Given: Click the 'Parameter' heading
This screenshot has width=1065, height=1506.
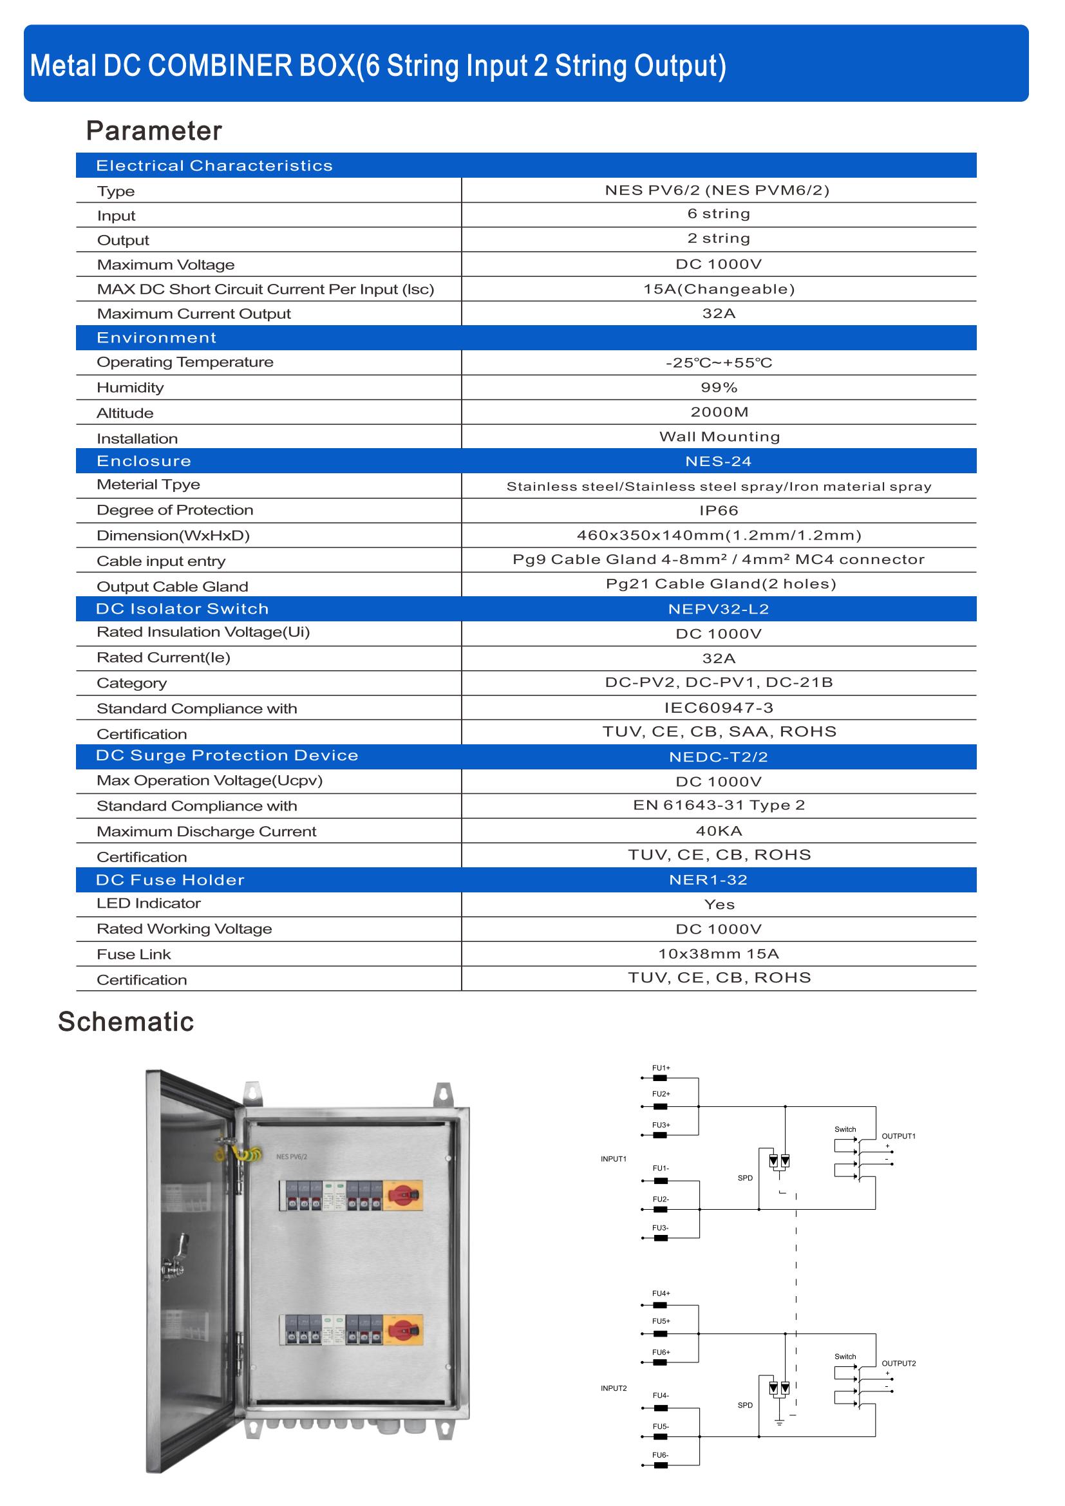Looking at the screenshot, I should [x=154, y=131].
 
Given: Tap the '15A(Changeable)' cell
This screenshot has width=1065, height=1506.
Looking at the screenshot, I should [x=719, y=289].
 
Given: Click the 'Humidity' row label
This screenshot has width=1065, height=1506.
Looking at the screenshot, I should [x=131, y=388].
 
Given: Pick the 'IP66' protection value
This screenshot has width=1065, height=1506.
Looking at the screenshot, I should [x=719, y=511].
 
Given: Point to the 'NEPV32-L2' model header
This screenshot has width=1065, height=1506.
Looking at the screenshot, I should [x=718, y=609].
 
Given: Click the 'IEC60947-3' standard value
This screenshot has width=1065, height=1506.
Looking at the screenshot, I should [x=719, y=708].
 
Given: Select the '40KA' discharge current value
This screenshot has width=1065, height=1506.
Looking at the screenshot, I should [x=719, y=831].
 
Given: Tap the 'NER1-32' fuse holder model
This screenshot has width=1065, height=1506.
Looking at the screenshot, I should [x=708, y=880].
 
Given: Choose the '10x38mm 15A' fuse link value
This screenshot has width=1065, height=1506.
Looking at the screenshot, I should [x=719, y=954].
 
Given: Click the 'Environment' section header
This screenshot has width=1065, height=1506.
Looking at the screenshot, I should [x=156, y=338].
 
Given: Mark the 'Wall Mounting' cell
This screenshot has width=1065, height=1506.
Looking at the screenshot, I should [x=719, y=437].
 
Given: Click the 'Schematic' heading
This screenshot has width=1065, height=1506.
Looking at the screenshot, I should [x=126, y=1022].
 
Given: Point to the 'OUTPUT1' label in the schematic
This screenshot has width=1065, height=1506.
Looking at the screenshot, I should [x=898, y=1136].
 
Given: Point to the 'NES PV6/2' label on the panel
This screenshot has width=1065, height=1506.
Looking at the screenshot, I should [x=292, y=1156].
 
